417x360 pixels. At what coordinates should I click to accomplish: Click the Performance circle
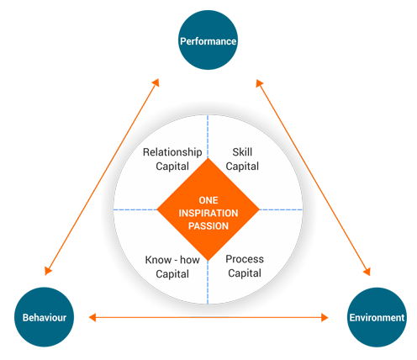click(208, 40)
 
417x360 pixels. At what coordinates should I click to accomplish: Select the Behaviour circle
click(44, 317)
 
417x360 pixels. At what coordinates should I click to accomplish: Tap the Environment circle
click(377, 317)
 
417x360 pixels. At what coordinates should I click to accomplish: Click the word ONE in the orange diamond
click(208, 200)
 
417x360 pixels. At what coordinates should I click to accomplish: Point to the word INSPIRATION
click(208, 213)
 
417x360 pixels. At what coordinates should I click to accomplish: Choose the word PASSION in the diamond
click(208, 226)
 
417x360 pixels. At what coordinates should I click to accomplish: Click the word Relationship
click(172, 152)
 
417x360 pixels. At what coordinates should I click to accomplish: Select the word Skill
click(242, 152)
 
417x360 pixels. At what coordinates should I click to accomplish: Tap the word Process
click(245, 259)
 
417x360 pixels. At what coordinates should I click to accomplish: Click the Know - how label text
click(172, 260)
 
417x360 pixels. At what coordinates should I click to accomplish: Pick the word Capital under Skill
click(242, 167)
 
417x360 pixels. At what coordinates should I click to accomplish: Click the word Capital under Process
click(245, 273)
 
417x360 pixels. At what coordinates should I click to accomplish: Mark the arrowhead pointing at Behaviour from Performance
click(48, 270)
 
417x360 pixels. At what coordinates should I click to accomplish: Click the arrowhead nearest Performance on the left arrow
click(156, 82)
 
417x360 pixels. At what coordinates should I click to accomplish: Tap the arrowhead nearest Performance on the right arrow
click(260, 83)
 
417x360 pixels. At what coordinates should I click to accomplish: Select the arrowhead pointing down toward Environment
click(367, 271)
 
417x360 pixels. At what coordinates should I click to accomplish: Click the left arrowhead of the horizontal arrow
click(92, 317)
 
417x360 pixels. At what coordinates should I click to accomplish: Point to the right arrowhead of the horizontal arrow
click(325, 317)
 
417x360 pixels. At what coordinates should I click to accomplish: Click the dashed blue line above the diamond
click(208, 136)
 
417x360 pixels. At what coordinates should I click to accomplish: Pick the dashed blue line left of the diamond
click(135, 209)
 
